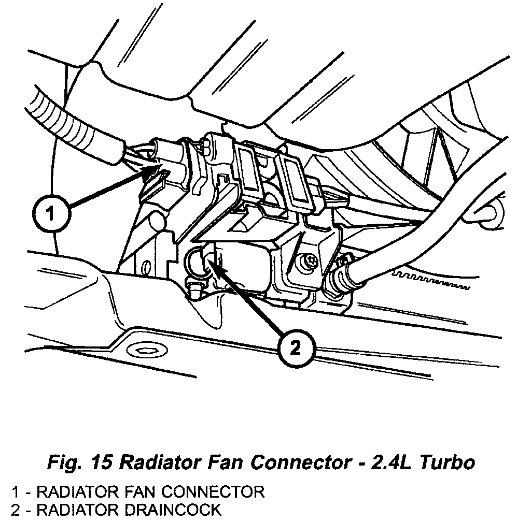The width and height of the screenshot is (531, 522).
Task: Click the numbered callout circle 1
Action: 50,213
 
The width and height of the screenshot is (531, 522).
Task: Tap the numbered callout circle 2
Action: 295,347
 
